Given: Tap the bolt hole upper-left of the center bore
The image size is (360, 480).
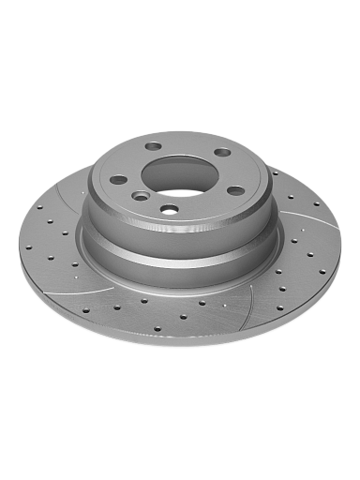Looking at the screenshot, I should coord(153,147).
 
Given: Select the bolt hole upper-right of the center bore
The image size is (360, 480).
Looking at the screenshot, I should coord(222,152).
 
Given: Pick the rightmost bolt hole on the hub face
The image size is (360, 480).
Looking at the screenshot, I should coord(236,190).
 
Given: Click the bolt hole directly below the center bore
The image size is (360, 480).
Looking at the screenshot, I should coord(169,209).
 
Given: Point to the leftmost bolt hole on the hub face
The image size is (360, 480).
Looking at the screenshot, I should coord(118,180).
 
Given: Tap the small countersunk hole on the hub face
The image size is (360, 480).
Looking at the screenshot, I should coord(139,196).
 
